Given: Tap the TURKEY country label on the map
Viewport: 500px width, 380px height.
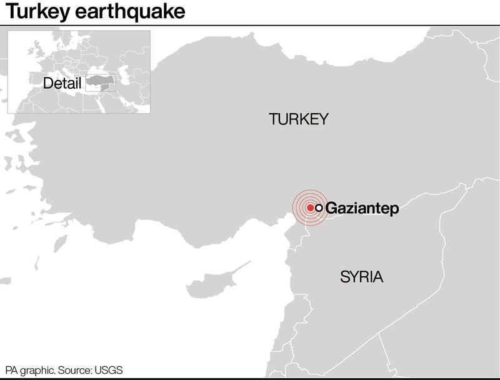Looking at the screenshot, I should pos(298,119).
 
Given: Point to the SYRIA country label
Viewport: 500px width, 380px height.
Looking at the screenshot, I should pos(361,277).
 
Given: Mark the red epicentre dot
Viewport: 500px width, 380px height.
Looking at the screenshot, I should pos(311,207).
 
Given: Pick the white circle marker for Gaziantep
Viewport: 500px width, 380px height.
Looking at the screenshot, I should pos(319,207).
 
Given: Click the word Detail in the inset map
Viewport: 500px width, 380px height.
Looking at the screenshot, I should pos(62,83).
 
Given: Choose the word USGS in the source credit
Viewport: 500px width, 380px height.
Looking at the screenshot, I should pos(110,369).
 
